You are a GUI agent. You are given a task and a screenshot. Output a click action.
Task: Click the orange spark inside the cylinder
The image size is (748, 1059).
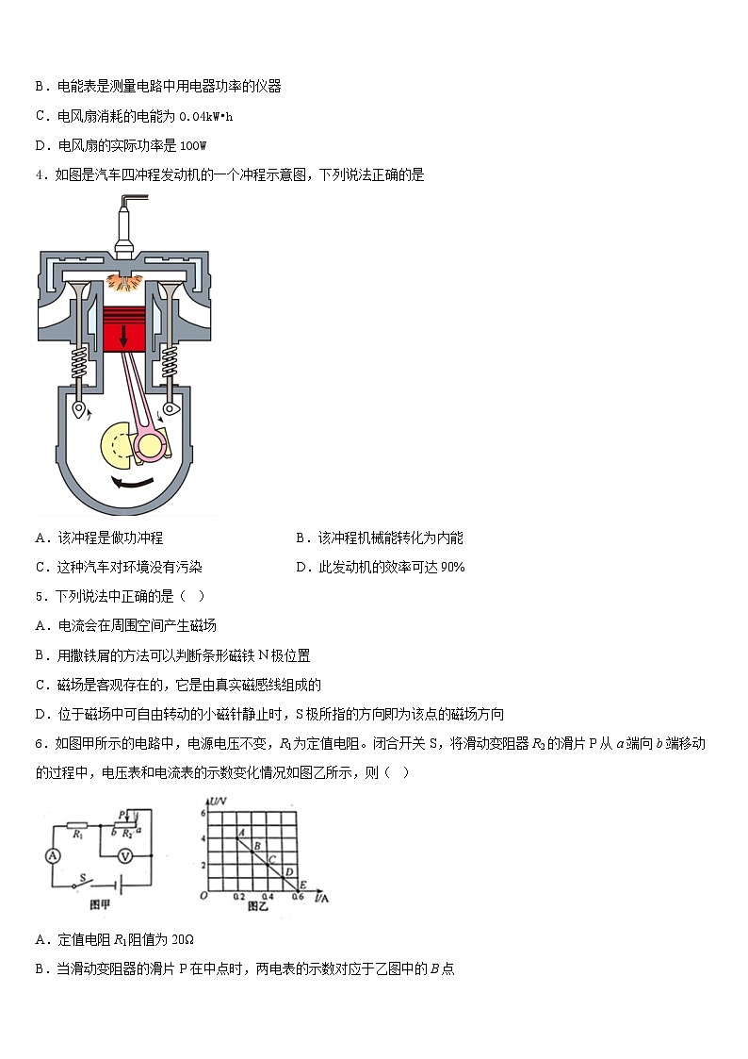coord(122,280)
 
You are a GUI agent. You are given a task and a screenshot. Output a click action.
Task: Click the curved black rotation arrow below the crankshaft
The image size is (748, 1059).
coord(131,484)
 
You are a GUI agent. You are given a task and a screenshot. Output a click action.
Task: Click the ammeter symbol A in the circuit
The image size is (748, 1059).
coord(54,855)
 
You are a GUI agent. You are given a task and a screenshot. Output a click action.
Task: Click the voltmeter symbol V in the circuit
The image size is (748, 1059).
coord(123,855)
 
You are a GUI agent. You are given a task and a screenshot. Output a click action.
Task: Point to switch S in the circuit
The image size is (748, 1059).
coord(84,881)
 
